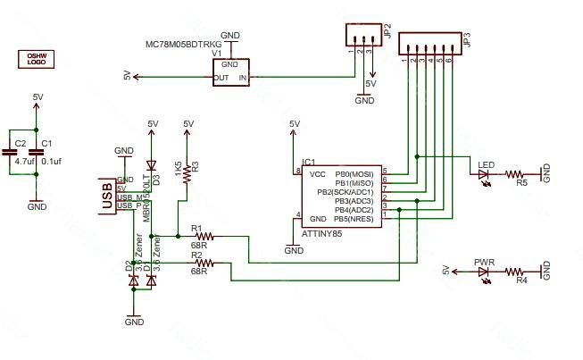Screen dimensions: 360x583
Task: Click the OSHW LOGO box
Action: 37,59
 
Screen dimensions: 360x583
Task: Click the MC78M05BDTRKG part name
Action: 183,43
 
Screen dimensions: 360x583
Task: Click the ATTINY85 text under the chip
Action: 322,232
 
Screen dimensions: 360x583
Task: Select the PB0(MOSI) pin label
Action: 354,173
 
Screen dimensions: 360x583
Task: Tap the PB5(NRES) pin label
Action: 354,218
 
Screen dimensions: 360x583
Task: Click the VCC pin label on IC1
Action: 317,173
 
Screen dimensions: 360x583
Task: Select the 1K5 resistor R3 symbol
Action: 187,176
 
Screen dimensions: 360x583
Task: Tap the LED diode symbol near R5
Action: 486,174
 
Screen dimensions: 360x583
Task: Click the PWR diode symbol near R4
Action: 486,271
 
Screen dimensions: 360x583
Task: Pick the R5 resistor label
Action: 522,183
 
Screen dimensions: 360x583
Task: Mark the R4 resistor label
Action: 522,280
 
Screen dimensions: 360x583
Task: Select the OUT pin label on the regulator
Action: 222,78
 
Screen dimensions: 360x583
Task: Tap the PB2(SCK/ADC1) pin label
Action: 346,191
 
